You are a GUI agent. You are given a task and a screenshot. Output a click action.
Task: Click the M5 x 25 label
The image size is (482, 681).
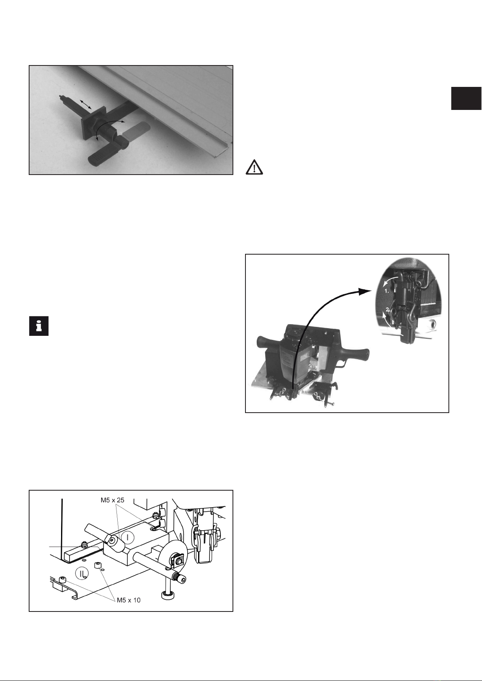point(112,500)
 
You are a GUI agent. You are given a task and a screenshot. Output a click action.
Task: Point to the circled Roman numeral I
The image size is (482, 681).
point(128,538)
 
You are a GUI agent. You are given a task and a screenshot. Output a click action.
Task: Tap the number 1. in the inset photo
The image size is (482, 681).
point(387,291)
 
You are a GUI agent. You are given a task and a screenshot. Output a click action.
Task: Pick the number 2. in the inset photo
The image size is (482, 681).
point(388,310)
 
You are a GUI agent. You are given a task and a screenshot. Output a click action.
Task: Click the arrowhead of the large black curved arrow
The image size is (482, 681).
point(365,291)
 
